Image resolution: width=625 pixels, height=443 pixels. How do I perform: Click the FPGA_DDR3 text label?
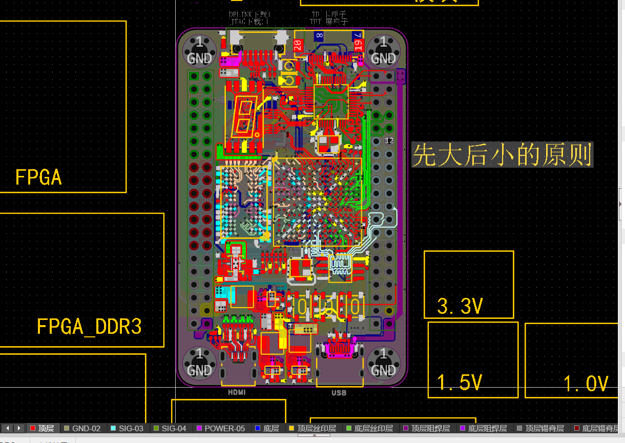pos(89,327)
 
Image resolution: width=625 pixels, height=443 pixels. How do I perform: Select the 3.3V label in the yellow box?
pos(460,306)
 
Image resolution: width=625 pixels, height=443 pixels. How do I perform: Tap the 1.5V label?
pos(460,382)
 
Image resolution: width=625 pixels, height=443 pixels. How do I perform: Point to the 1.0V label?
pos(586,384)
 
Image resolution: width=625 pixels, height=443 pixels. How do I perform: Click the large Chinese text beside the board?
pos(502,155)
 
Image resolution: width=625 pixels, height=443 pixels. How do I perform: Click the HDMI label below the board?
pos(237,392)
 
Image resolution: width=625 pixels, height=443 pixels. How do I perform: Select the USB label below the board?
pos(339,393)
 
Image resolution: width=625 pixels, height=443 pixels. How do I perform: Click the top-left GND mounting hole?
pos(199,50)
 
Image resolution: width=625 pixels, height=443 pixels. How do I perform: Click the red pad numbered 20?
pos(298,45)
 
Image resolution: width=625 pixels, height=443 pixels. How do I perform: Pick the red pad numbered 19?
pos(358,45)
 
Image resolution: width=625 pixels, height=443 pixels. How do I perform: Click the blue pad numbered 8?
pos(319,36)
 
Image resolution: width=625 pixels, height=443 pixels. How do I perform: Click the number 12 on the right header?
pos(389,140)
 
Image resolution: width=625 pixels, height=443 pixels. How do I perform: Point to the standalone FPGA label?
pos(38,177)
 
